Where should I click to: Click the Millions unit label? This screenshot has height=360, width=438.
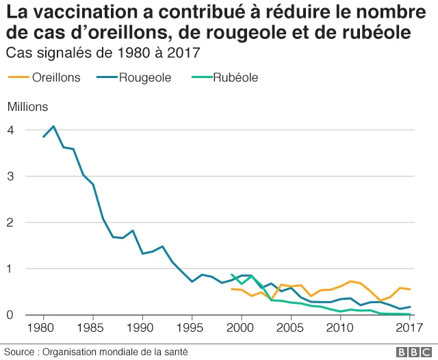click(x=28, y=107)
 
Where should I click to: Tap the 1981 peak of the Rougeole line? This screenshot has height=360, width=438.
click(x=53, y=126)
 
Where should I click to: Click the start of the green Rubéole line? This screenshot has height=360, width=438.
click(x=232, y=274)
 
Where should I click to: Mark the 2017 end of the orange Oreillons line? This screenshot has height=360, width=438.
click(x=410, y=290)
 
